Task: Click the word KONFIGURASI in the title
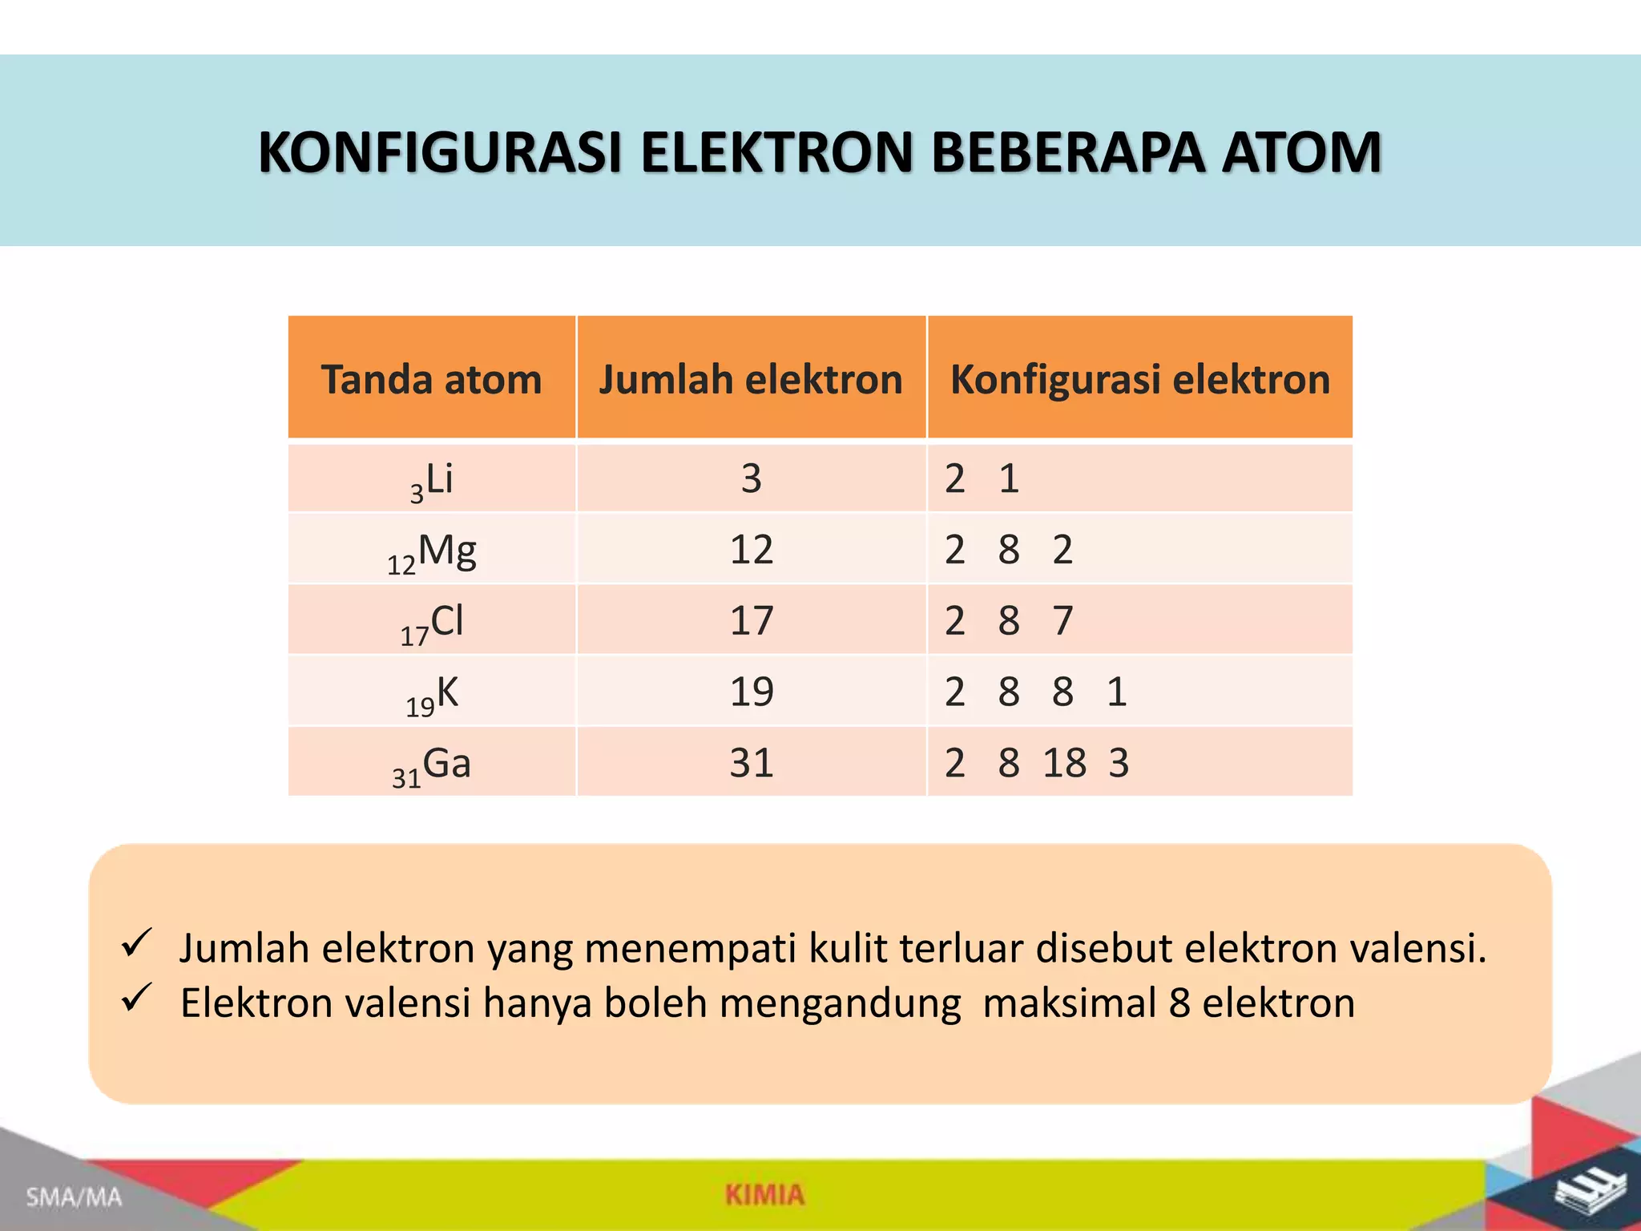tap(440, 152)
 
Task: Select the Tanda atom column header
tap(431, 379)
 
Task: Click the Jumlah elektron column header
tap(751, 379)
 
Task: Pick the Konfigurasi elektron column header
tap(1139, 379)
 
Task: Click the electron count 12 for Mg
tap(751, 550)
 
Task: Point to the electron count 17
tap(751, 621)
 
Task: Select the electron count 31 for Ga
tap(751, 763)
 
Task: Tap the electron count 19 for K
tap(751, 692)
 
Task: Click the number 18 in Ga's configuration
tap(1064, 763)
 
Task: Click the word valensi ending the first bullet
tap(1417, 948)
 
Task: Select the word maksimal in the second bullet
tap(1069, 1003)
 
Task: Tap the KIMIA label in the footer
tap(764, 1194)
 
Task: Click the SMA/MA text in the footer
tap(74, 1197)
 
